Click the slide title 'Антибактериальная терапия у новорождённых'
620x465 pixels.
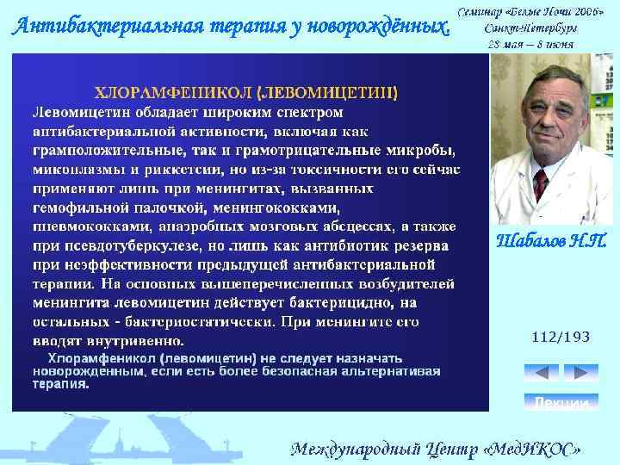click(x=231, y=27)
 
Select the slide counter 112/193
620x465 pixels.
click(x=561, y=337)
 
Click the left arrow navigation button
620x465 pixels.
click(x=541, y=373)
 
